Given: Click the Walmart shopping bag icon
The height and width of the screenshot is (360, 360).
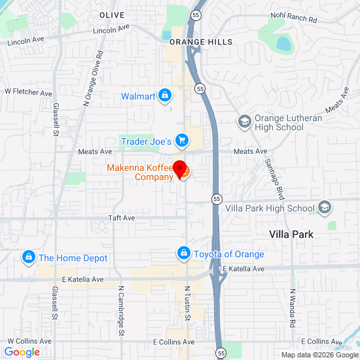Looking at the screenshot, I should (x=165, y=96).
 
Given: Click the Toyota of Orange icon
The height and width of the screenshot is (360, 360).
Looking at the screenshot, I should (x=184, y=254).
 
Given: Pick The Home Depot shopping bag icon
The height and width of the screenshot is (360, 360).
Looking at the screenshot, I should (x=28, y=258).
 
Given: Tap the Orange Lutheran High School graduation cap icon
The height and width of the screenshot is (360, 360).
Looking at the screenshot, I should (x=244, y=122).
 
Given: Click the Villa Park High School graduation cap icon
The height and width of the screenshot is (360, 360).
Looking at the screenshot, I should (x=323, y=208).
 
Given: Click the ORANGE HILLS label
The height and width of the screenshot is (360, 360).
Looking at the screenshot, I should (x=201, y=42).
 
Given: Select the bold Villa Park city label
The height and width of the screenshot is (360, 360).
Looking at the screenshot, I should (x=291, y=234).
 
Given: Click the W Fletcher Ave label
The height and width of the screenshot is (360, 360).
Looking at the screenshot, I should (x=28, y=94).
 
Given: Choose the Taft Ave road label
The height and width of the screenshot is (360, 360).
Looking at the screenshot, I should (x=121, y=217).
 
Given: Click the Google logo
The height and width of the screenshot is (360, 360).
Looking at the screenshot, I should (x=22, y=352).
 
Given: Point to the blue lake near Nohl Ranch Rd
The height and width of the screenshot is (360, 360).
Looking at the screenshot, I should (x=283, y=44).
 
